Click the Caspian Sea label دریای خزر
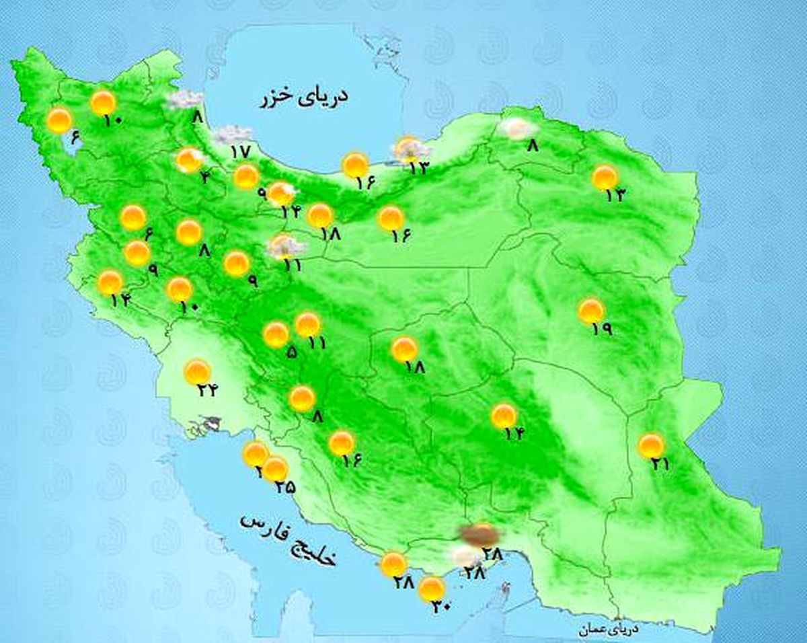303,97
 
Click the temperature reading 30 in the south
441,607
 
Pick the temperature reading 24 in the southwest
208,389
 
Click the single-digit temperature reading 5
291,351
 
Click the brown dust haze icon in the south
479,535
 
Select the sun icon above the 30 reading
431,589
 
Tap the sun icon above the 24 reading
197,371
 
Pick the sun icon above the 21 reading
650,445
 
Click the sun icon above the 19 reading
591,311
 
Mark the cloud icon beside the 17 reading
232,135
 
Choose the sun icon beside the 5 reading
276,334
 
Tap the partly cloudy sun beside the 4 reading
189,161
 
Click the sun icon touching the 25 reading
275,469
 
